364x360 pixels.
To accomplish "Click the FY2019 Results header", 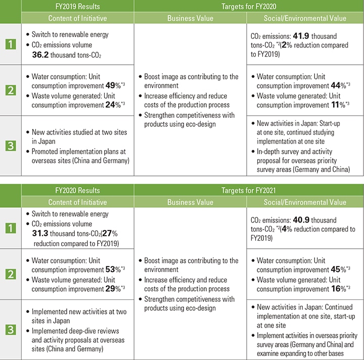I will (77, 6).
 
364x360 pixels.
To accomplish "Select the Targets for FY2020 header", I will (249, 6).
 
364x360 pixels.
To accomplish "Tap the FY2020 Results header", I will (77, 191).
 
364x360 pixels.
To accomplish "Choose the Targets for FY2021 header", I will (249, 191).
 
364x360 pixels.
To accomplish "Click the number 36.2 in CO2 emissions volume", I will (42, 54).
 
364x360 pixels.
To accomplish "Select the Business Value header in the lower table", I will (190, 202).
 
